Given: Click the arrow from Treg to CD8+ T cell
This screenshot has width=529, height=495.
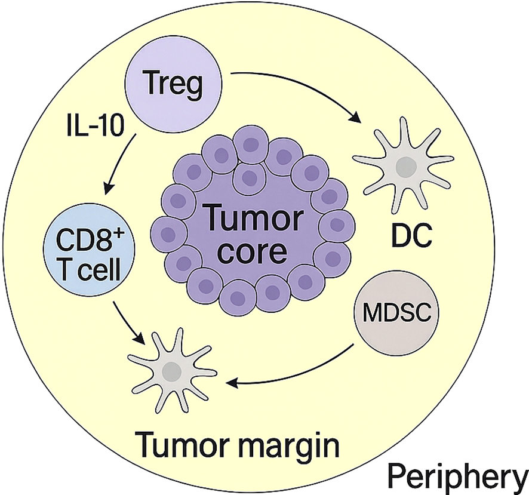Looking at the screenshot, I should (x=122, y=164).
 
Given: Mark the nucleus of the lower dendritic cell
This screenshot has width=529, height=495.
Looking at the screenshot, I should (x=172, y=373).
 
